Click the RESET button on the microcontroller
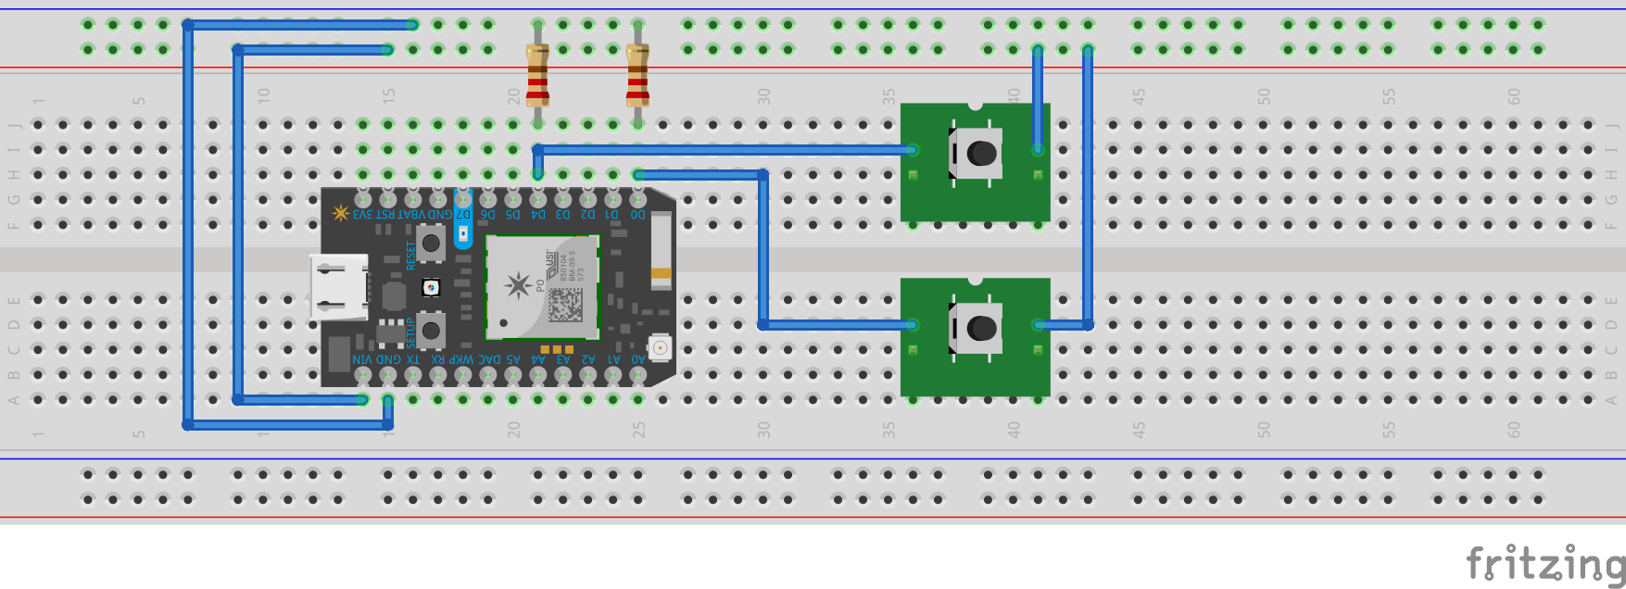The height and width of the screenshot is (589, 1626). pyautogui.click(x=431, y=244)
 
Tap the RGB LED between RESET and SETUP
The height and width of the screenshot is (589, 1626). pyautogui.click(x=431, y=288)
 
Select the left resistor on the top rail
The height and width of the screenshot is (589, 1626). pyautogui.click(x=537, y=74)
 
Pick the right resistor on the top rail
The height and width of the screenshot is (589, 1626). pyautogui.click(x=637, y=74)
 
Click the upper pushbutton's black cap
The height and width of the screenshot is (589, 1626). pyautogui.click(x=982, y=153)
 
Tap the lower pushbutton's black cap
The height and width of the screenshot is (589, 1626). pyautogui.click(x=982, y=327)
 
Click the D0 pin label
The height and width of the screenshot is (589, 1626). pyautogui.click(x=637, y=215)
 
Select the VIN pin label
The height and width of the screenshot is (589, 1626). pyautogui.click(x=362, y=359)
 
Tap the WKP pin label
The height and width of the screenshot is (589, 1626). pyautogui.click(x=462, y=359)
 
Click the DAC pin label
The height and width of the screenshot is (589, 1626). pyautogui.click(x=488, y=359)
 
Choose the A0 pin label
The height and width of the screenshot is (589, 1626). pyautogui.click(x=637, y=359)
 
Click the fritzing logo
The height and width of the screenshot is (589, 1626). pyautogui.click(x=1544, y=562)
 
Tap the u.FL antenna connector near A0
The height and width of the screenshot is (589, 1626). pyautogui.click(x=660, y=347)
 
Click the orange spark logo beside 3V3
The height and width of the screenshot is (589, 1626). pyautogui.click(x=340, y=214)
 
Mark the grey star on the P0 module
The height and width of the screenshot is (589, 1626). pyautogui.click(x=517, y=285)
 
